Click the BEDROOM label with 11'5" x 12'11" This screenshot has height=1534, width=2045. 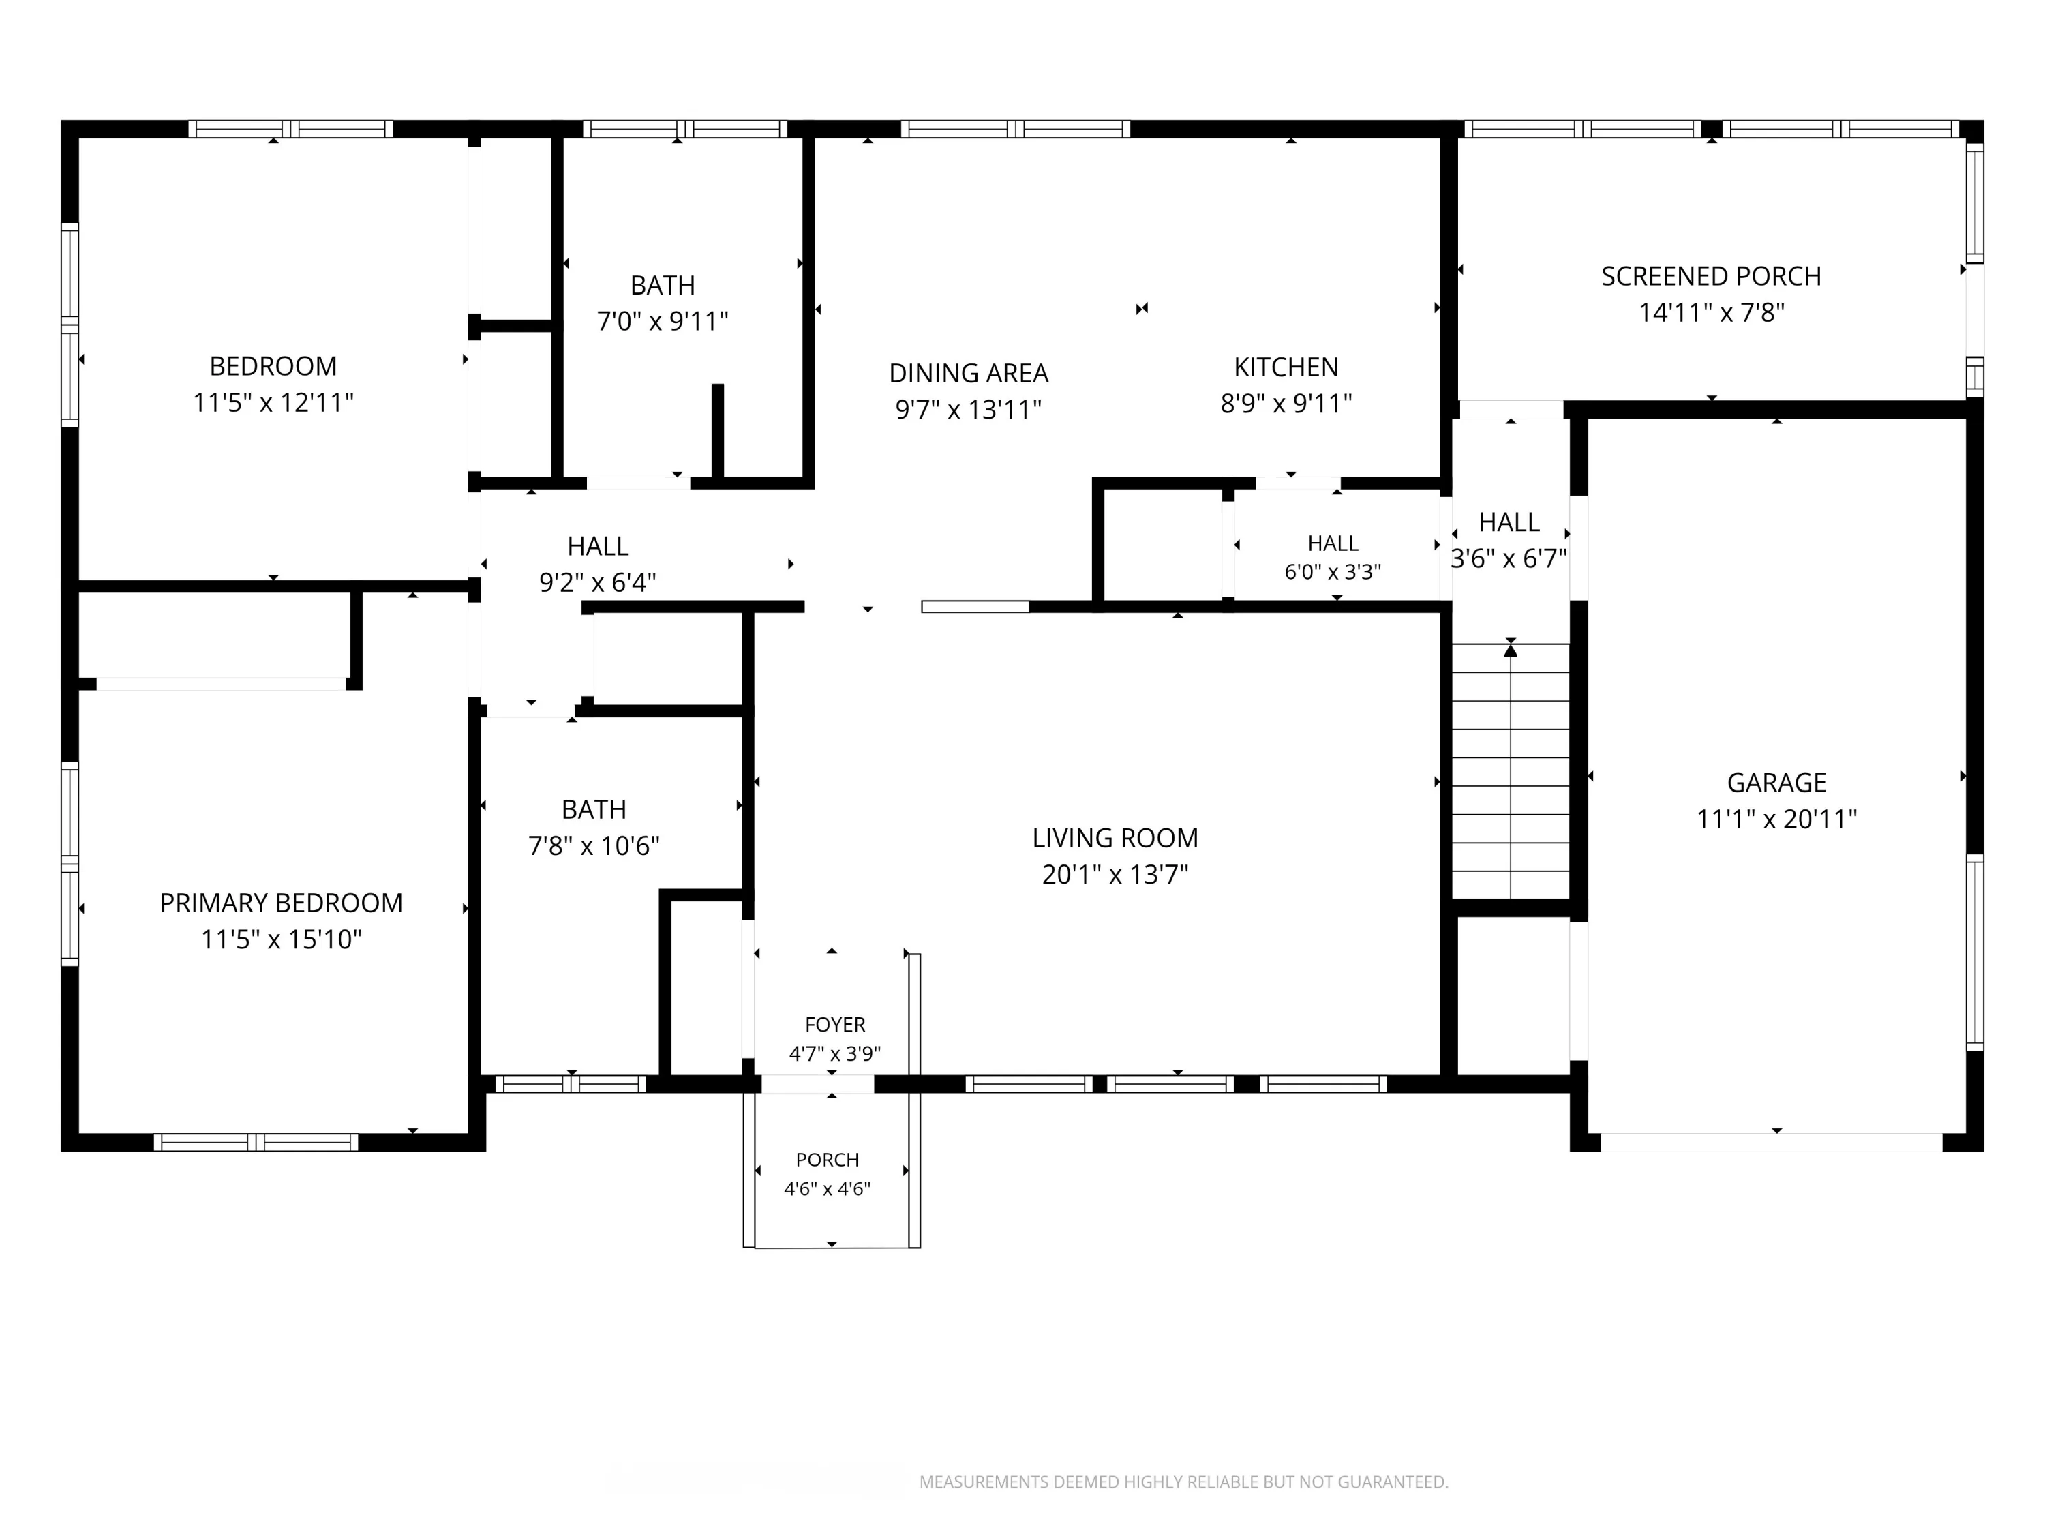pos(273,366)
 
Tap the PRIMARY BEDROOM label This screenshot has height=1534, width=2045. pos(281,903)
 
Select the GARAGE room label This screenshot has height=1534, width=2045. pos(1776,783)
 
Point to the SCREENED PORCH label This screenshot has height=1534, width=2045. pos(1711,277)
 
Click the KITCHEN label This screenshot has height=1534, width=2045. pos(1286,367)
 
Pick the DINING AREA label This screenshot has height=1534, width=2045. pos(968,374)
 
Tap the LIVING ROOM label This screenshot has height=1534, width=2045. pos(1115,838)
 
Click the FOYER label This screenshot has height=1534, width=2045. pos(835,1025)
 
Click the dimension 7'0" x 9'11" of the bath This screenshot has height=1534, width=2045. pos(662,322)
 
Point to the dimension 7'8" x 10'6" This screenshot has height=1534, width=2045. pos(594,846)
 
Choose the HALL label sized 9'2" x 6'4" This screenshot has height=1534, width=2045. pos(597,547)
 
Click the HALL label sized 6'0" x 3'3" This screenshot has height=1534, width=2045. pos(1333,543)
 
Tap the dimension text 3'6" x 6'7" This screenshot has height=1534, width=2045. pos(1509,558)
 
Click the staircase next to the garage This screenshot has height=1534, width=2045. pos(1511,770)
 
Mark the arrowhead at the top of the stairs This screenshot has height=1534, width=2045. pos(1511,650)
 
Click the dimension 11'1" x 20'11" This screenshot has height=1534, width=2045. pos(1776,819)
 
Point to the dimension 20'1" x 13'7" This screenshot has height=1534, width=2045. pos(1115,875)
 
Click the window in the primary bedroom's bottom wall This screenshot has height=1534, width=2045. pos(256,1142)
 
